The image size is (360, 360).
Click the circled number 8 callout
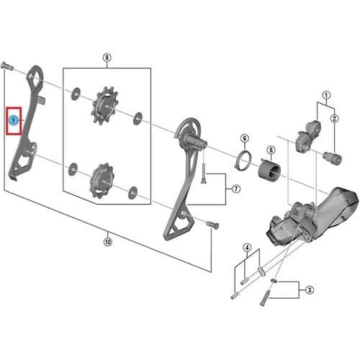coord(107,58)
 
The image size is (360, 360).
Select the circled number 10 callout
coord(108,242)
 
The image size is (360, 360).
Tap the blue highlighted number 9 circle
coord(14,120)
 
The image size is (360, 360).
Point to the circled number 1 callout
coord(326,95)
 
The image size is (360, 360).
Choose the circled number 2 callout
coord(334,118)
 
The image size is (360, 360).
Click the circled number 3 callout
coord(310,290)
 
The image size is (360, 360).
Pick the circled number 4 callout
coord(247,248)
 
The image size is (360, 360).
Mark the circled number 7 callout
coord(236,189)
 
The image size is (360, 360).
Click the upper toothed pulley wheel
coord(104,106)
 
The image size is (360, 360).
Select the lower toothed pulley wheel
coord(102,180)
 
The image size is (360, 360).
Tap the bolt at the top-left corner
coord(6,66)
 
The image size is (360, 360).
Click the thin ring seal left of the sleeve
coord(243,160)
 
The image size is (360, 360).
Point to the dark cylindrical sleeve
coord(269,169)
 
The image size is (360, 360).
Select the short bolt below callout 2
coord(332,158)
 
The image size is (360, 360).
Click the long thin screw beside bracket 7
coord(204,174)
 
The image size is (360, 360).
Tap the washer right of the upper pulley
coord(138,118)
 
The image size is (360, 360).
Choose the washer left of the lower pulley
coord(73,169)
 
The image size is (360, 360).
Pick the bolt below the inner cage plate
coord(212,225)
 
